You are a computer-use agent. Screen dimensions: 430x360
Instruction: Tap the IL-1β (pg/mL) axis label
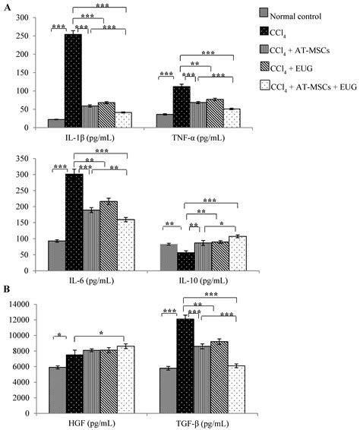(89, 141)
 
